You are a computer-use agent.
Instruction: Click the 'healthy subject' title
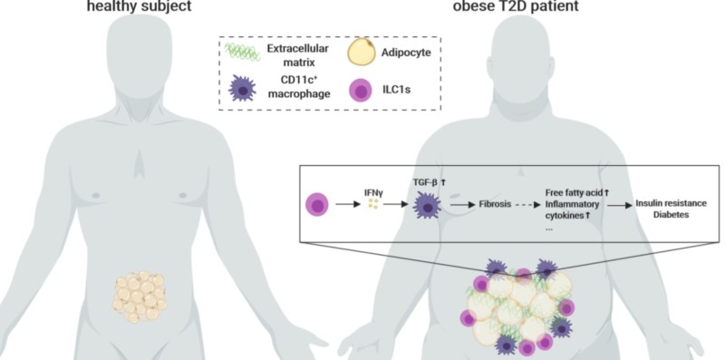coord(140,6)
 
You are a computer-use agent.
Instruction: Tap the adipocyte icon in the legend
coord(361,53)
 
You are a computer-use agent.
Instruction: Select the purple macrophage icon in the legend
coord(242,88)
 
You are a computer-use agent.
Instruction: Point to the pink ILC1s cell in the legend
coord(360,90)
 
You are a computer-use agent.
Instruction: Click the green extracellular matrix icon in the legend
coord(242,53)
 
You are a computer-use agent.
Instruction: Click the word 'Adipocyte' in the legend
coord(406,53)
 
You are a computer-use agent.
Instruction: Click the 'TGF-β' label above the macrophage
coord(425,183)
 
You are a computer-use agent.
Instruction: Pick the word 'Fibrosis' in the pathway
coord(494,204)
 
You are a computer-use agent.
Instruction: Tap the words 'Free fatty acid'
coord(574,193)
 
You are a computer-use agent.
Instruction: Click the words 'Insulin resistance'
coord(671,203)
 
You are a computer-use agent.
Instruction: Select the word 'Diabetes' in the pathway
coord(671,215)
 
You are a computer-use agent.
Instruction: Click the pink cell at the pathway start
coord(317,204)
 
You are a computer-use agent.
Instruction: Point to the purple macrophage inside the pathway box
coord(426,206)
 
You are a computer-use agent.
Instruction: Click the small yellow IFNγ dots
coord(373,204)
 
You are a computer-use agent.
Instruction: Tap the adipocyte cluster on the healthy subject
coord(140,297)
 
